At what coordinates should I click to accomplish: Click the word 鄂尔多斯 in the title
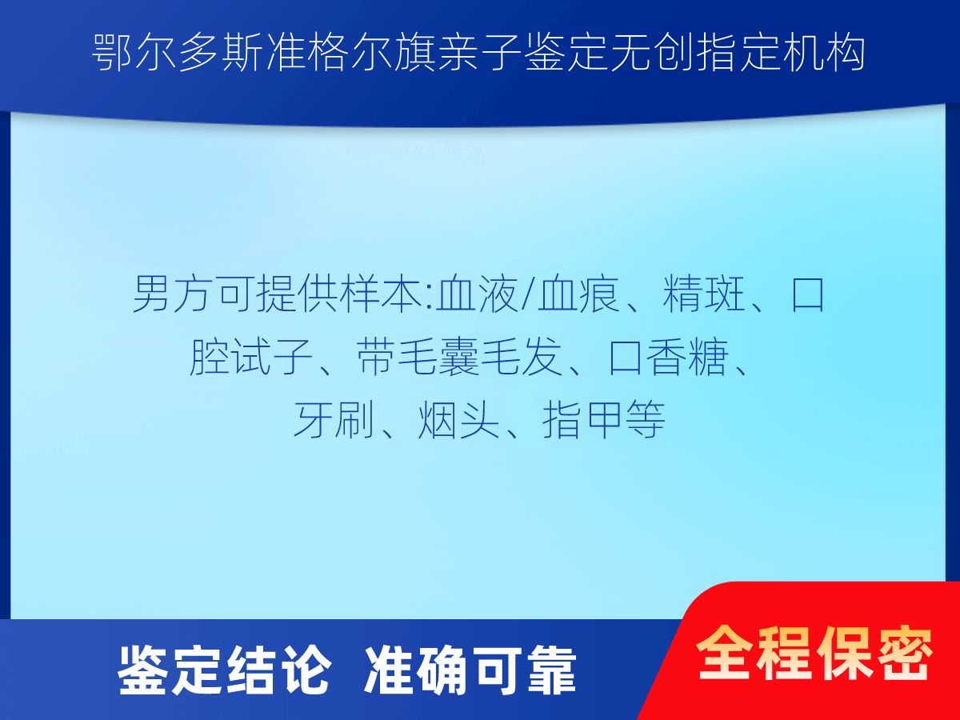click(x=178, y=54)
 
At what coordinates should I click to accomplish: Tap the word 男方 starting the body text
click(x=173, y=294)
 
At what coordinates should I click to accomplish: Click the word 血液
click(x=477, y=294)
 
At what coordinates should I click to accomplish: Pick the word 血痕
click(x=578, y=294)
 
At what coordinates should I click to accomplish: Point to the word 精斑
click(x=704, y=294)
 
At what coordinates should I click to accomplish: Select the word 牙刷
click(x=334, y=420)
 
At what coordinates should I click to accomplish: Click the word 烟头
click(x=458, y=420)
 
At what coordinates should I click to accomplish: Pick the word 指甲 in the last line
click(x=582, y=420)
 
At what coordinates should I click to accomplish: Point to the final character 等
click(x=645, y=420)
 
